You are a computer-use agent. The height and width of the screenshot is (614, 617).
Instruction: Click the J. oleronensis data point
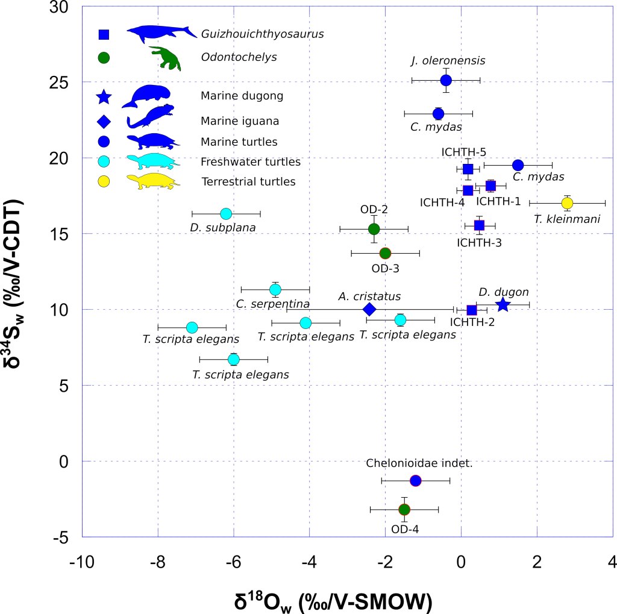(446, 80)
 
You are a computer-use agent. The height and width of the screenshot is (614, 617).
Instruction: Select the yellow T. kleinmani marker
(567, 203)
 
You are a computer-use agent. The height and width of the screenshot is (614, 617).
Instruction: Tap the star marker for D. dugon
(503, 305)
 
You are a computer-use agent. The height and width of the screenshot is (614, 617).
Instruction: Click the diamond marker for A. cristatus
(369, 309)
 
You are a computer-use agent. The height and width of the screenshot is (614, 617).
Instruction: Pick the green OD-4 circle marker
(404, 509)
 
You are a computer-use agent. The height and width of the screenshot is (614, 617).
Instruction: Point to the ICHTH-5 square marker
(468, 169)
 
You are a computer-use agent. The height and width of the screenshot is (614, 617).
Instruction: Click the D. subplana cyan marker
(226, 213)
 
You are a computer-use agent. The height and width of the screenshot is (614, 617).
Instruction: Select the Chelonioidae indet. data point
(415, 480)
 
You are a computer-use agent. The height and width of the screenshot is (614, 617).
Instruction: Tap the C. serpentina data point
(275, 290)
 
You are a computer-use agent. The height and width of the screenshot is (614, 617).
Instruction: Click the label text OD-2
(374, 210)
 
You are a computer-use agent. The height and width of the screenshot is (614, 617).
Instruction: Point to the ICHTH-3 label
(480, 243)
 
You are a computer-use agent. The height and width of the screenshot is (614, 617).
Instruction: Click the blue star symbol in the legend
(104, 96)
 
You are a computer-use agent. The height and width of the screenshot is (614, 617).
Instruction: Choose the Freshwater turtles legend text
(250, 162)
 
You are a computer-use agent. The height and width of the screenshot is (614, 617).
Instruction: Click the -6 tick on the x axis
(233, 563)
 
